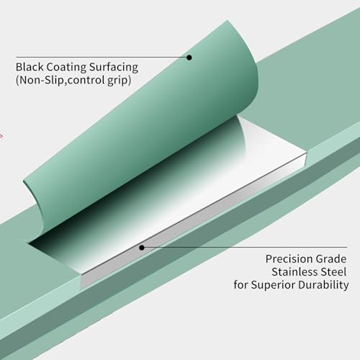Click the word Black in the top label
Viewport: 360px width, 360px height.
(30, 67)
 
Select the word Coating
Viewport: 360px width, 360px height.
(66, 67)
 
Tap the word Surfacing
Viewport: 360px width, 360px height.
(114, 67)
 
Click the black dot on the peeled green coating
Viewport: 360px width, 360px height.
(189, 58)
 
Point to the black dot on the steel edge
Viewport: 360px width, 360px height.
(142, 248)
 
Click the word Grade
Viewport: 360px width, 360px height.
(331, 259)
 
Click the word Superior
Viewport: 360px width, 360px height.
(273, 285)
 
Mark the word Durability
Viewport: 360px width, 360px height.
(323, 285)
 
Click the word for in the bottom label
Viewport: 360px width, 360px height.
(241, 285)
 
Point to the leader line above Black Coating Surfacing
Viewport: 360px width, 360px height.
(102, 57)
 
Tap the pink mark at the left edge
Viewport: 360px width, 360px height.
(1, 136)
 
